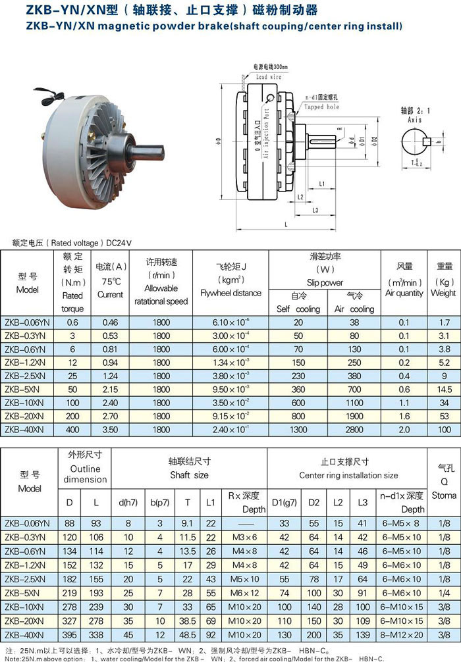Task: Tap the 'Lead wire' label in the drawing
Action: (x=268, y=76)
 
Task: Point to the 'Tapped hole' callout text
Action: (x=322, y=107)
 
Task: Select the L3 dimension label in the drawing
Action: (x=316, y=210)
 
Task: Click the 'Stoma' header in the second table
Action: (x=444, y=495)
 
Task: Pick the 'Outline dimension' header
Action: (x=85, y=474)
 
